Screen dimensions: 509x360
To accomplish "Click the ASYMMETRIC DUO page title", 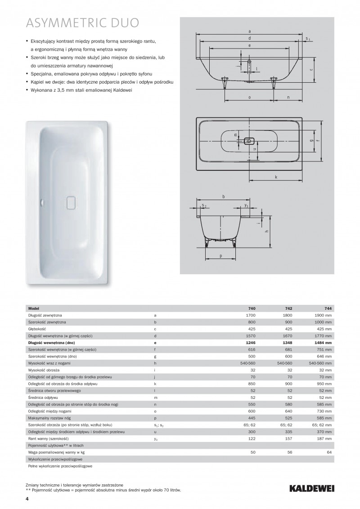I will (x=82, y=23).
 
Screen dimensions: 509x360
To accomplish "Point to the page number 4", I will (x=27, y=499).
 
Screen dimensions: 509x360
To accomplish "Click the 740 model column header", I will (x=252, y=309).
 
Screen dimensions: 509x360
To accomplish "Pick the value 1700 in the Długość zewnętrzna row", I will (x=251, y=316).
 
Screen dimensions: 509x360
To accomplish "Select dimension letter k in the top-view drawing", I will (x=276, y=177).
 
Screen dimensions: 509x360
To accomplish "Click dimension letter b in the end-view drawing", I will (x=224, y=197).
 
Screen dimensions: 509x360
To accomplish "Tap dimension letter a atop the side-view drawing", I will (x=249, y=31).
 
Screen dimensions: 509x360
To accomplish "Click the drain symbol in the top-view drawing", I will (x=248, y=141).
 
